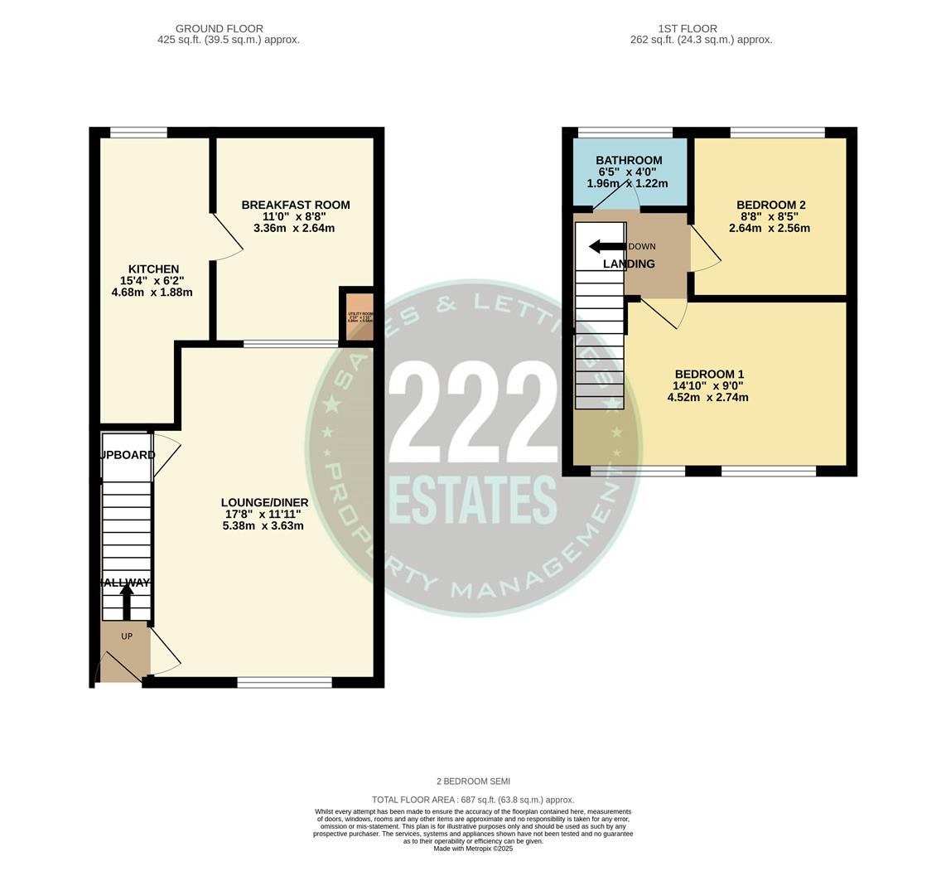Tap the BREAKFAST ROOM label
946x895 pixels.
click(x=295, y=205)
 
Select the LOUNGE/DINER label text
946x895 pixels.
click(x=264, y=502)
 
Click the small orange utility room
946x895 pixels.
click(x=360, y=316)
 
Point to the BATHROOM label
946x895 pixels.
click(x=629, y=161)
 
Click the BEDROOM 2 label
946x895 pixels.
click(x=770, y=205)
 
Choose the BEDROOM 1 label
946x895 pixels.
click(x=708, y=374)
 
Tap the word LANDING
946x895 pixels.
click(x=629, y=264)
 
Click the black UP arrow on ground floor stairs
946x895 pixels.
click(x=127, y=601)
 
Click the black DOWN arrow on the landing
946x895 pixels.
click(x=606, y=247)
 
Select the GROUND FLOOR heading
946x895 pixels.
click(x=220, y=28)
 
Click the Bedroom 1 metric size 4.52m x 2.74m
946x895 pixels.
click(x=707, y=397)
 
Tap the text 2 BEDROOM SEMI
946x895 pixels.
click(x=473, y=781)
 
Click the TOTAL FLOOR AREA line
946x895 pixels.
click(x=473, y=800)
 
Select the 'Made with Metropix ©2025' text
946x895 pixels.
click(x=473, y=849)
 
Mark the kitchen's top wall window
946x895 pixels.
click(x=138, y=132)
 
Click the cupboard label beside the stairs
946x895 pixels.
click(x=127, y=455)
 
